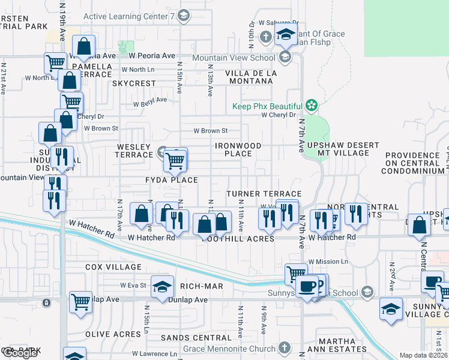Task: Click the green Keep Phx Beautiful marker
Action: [x=311, y=106]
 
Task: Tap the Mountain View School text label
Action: [x=234, y=58]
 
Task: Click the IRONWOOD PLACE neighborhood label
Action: [x=238, y=149]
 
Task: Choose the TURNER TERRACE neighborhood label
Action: [x=264, y=194]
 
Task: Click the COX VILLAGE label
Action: [x=113, y=267]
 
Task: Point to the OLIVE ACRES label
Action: [x=113, y=334]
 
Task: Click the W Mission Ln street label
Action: [x=328, y=262]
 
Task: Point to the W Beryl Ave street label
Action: [x=149, y=103]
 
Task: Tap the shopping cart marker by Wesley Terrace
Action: [x=175, y=160]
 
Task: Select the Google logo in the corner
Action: [x=19, y=353]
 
